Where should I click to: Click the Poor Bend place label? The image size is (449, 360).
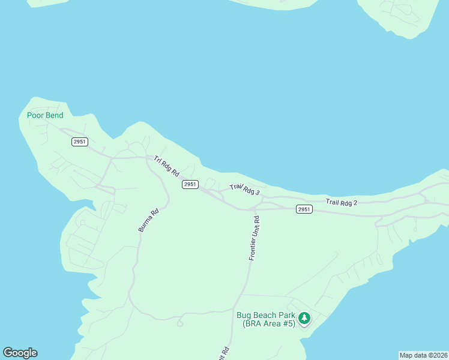(45, 115)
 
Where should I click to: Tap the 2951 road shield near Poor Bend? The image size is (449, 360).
(79, 142)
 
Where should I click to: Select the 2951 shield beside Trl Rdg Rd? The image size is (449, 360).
(190, 184)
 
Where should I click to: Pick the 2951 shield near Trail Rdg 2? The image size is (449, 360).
(304, 209)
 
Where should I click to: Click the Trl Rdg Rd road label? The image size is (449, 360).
(167, 166)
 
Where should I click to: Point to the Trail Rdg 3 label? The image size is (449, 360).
(244, 190)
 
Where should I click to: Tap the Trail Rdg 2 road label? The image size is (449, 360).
(341, 202)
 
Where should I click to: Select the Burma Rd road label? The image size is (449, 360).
(148, 220)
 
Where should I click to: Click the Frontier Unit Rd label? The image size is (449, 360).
(254, 238)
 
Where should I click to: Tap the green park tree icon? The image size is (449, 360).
(304, 317)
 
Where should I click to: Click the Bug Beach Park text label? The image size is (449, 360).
(265, 316)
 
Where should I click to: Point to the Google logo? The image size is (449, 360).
(20, 353)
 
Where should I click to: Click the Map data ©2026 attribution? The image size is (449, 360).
(423, 355)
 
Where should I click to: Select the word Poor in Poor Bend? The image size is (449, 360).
(35, 115)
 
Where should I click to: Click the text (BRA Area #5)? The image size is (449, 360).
(269, 324)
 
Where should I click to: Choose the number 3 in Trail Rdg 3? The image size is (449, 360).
(257, 193)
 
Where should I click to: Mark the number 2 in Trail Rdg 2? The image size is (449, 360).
(355, 203)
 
